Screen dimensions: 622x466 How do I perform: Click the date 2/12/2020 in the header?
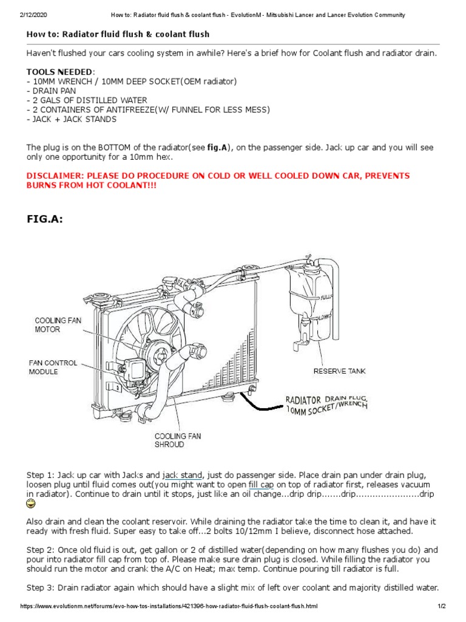pos(18,15)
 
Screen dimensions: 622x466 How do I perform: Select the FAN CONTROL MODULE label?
pos(53,367)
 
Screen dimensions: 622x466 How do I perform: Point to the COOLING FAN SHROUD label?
pos(177,440)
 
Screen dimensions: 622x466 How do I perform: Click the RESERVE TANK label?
pos(339,371)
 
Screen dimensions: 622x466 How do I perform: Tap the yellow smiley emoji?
pos(31,504)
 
